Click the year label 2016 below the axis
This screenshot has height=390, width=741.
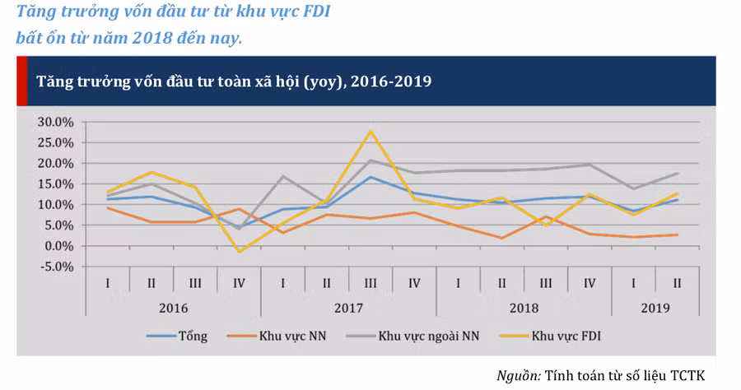pos(173,308)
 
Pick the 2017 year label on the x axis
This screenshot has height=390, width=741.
pos(348,308)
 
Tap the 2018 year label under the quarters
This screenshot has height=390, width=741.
pos(524,308)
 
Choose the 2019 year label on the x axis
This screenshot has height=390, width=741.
pos(655,308)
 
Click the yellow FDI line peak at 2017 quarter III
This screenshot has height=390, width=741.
pos(370,131)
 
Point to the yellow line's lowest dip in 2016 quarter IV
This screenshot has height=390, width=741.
pos(239,252)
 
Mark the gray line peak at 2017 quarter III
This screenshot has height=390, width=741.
pos(370,160)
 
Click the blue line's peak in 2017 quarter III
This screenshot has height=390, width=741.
pos(370,177)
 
